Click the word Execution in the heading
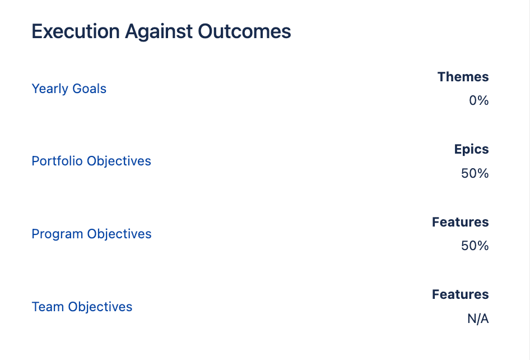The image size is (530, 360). point(76,31)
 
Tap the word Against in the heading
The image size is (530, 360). point(159,32)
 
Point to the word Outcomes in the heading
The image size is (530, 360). point(244,31)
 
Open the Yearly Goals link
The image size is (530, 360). point(69,89)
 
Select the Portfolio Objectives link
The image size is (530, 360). point(91,161)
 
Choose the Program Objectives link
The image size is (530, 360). point(91,234)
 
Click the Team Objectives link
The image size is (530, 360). point(82,307)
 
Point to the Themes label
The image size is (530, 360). point(463,77)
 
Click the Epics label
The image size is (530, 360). point(471,150)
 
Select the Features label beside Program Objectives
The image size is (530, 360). point(461,222)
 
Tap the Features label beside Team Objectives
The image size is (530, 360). point(461,294)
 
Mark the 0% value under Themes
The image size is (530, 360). point(478,100)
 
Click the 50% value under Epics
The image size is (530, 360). point(475,173)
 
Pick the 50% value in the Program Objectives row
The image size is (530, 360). point(475,246)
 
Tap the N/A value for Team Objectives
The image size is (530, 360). point(478,319)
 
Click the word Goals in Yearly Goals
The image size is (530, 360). point(89,89)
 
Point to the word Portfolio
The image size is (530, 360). point(57,161)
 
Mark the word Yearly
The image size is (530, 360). point(50,89)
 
